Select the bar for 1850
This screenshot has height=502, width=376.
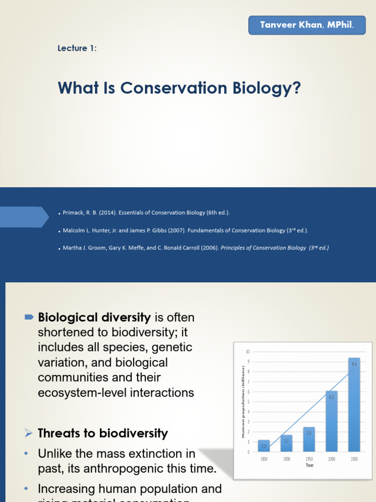[x=264, y=446]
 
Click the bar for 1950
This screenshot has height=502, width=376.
[x=309, y=439]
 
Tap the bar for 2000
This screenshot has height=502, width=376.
[x=331, y=422]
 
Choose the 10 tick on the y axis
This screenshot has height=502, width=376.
[x=248, y=352]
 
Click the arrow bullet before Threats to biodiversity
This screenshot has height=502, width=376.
[x=28, y=433]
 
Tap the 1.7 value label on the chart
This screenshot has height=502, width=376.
[x=286, y=441]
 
